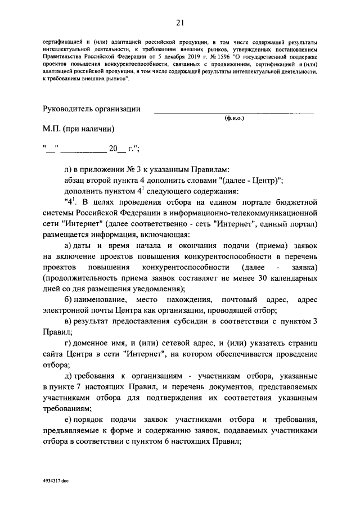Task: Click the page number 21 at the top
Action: tap(180, 22)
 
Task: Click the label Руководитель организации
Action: tap(92, 109)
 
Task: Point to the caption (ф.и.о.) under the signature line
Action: tap(234, 119)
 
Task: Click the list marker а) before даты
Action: tap(69, 245)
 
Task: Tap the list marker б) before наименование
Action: tap(69, 300)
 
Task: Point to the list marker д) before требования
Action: tap(69, 375)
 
